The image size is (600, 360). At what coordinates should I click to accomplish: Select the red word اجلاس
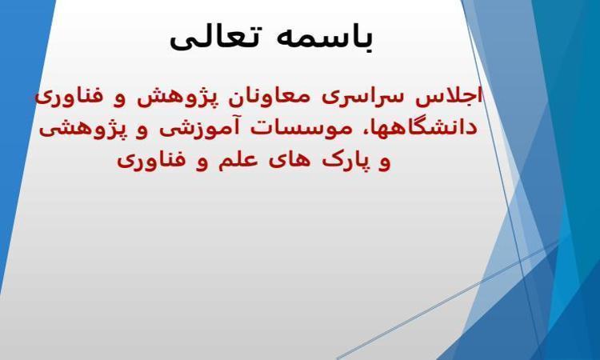tap(449, 98)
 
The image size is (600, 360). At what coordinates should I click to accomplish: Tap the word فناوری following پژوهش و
tap(70, 98)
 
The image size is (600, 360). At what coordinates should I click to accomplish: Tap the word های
tap(286, 161)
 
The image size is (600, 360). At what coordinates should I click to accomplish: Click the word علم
tap(234, 160)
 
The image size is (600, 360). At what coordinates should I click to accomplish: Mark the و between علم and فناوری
tap(202, 163)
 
